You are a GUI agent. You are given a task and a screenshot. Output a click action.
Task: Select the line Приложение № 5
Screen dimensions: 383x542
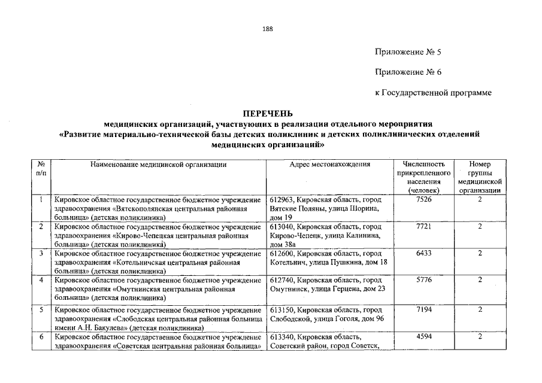point(408,52)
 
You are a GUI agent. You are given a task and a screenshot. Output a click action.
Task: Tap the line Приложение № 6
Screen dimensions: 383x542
point(408,72)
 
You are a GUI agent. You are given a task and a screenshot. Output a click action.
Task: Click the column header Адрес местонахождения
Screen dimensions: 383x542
point(329,165)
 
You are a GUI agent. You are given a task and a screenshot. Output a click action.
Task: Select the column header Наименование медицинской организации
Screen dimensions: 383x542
point(158,165)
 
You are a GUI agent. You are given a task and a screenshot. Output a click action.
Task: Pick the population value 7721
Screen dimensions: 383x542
point(423,227)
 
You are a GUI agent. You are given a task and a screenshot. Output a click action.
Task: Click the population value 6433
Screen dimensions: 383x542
point(423,254)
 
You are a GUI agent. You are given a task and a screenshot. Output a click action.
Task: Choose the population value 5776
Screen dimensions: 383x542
point(423,280)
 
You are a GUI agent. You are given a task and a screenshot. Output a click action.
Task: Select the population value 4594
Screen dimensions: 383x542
point(423,338)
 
